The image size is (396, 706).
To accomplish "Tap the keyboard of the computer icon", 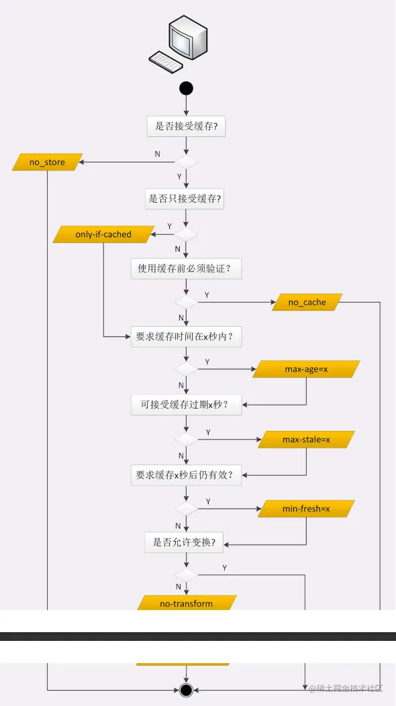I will click(166, 61).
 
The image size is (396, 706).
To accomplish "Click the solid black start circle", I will click(186, 88).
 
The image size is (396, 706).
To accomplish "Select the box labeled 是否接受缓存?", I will click(186, 126).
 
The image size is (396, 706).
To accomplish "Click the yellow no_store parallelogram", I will click(47, 162).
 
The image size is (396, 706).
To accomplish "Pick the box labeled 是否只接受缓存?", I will click(185, 199).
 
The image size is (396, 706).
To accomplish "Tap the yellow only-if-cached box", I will click(103, 234).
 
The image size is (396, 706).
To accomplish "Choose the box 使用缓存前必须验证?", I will click(185, 269).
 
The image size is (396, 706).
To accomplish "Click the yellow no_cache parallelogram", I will click(307, 302).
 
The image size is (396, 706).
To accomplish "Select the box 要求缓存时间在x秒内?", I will click(185, 338).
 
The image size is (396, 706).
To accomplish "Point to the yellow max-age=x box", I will click(306, 370).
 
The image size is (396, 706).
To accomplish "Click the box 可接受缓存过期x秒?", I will click(185, 405).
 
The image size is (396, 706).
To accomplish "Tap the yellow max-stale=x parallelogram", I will click(306, 440).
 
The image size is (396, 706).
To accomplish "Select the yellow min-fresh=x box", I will click(306, 509).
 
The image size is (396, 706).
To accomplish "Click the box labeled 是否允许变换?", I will click(184, 542).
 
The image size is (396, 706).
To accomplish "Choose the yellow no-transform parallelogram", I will click(186, 603).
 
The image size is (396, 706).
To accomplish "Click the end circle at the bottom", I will click(186, 690).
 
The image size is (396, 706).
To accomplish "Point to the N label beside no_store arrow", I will click(158, 154).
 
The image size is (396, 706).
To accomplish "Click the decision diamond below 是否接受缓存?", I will click(186, 162).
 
